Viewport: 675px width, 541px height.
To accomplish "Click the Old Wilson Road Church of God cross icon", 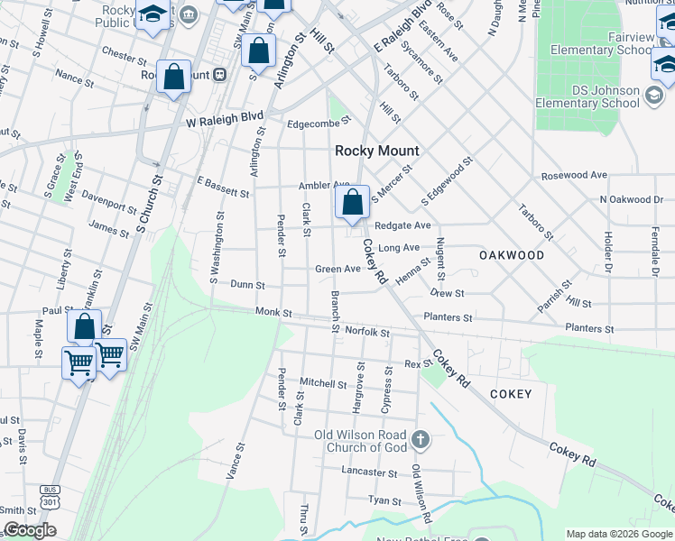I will pyautogui.click(x=419, y=440).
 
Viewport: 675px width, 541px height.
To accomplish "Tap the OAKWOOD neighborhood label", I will pyautogui.click(x=511, y=255).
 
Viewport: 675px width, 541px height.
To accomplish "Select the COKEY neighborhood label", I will pyautogui.click(x=511, y=394).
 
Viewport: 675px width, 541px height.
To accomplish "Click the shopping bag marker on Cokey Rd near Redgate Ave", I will pyautogui.click(x=353, y=204).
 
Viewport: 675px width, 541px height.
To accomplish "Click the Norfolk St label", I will pyautogui.click(x=367, y=332).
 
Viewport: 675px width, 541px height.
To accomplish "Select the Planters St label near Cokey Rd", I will pyautogui.click(x=448, y=317).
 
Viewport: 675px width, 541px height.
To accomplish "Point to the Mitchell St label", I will pyautogui.click(x=324, y=383).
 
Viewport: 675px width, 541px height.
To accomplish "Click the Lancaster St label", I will pyautogui.click(x=369, y=471).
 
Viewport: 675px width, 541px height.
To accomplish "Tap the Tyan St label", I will pyautogui.click(x=384, y=500).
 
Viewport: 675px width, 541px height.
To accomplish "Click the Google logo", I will pyautogui.click(x=30, y=531).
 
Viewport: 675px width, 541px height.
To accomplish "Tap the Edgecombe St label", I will pyautogui.click(x=317, y=124).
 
